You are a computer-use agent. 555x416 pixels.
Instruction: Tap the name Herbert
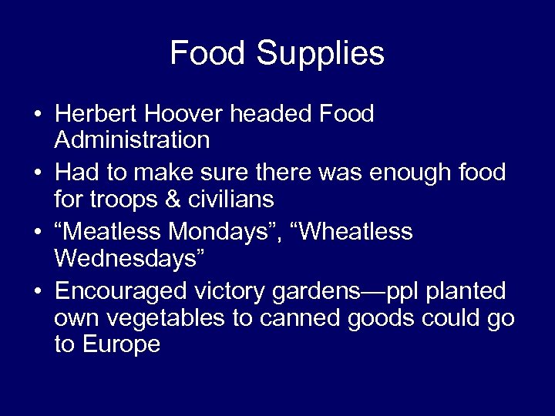click(x=98, y=114)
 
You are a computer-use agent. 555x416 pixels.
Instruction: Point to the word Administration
click(x=132, y=139)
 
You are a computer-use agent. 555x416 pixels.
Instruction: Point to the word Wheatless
click(x=357, y=232)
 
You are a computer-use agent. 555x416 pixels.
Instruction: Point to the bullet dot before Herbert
click(x=37, y=115)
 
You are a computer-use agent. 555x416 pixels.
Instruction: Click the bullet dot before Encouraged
click(x=37, y=292)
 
